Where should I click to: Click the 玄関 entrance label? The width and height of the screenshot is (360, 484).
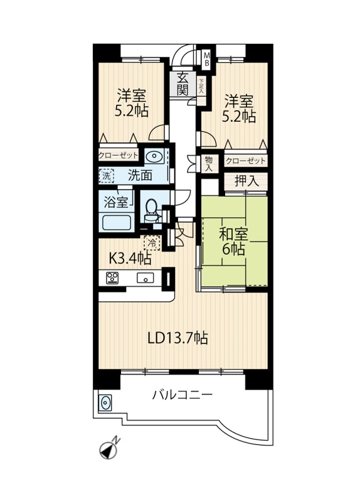pos(183,84)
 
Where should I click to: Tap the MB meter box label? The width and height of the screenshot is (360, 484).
pos(207,59)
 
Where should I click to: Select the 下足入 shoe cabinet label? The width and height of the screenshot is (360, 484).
pos(201,86)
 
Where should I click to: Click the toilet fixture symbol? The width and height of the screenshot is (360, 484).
pos(151,210)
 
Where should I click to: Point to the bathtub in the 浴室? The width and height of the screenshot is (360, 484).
pos(116,222)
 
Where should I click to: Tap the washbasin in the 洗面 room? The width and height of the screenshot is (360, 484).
pos(154,157)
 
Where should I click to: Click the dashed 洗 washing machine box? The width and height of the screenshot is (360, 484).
pos(107,176)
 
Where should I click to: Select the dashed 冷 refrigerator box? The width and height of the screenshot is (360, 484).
pos(152,242)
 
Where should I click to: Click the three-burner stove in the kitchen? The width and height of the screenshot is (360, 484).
pos(112,277)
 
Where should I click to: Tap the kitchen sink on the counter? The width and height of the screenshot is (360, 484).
pos(146,278)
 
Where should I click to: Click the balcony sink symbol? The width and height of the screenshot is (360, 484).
pos(105,403)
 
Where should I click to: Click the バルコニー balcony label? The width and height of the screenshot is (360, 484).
pos(183,395)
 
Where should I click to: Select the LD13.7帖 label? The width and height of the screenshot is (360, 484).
pos(177,338)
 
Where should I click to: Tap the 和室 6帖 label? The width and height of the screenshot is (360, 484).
pos(233,242)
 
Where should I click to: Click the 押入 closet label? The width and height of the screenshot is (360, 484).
pos(246,181)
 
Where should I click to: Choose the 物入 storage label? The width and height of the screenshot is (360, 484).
pos(209,164)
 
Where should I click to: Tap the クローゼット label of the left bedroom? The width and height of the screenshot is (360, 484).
pos(118,155)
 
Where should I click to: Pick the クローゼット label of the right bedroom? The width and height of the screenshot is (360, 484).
pos(246,161)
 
